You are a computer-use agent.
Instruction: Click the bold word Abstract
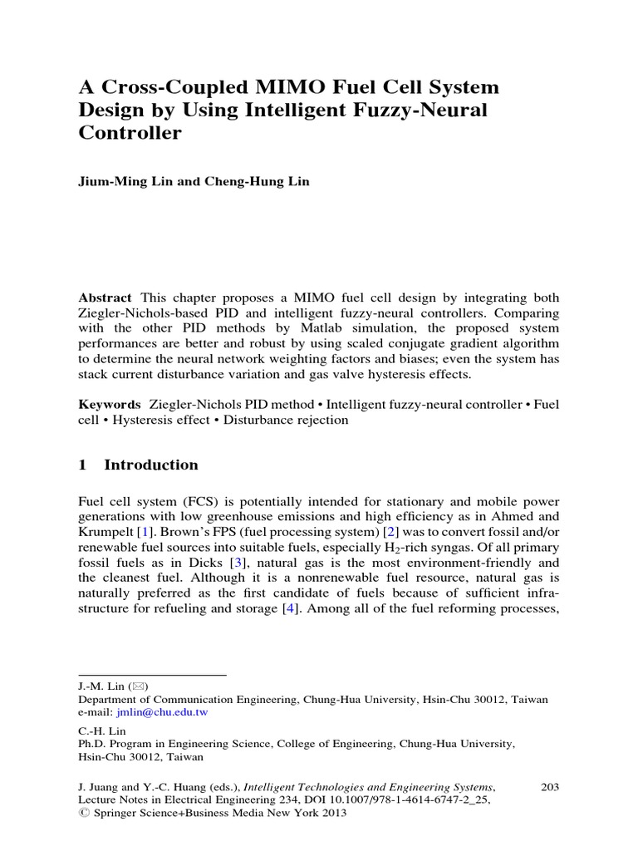(x=105, y=298)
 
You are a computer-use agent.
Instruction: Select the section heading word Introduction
(x=151, y=465)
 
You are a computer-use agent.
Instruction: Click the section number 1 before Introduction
(x=82, y=465)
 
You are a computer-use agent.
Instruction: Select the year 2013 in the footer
(x=331, y=814)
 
